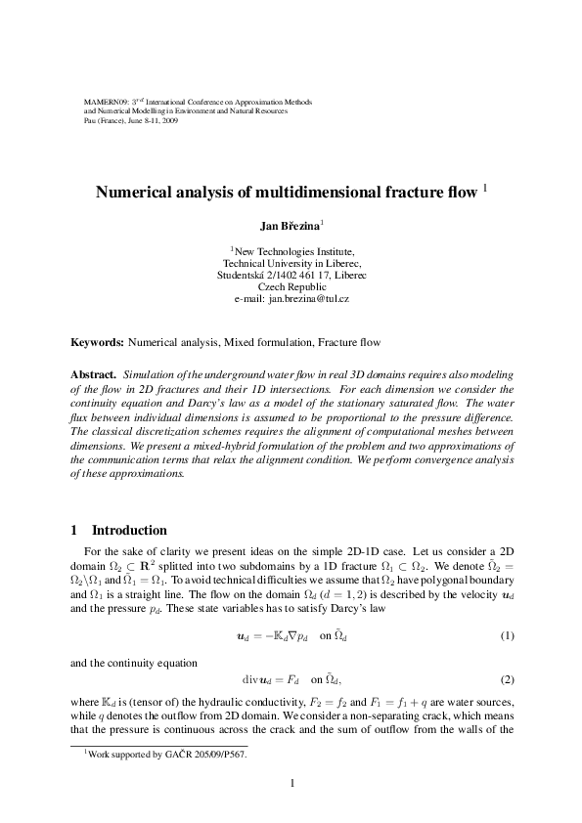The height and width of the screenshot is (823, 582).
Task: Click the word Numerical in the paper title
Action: (x=136, y=193)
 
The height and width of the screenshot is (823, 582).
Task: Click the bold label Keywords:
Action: (x=98, y=343)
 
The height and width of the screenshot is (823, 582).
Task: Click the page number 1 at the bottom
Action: (x=291, y=781)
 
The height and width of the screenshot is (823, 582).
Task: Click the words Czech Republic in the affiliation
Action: (x=291, y=286)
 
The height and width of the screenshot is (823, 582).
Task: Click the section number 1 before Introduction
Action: (x=74, y=531)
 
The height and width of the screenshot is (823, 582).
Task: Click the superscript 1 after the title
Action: (x=459, y=187)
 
